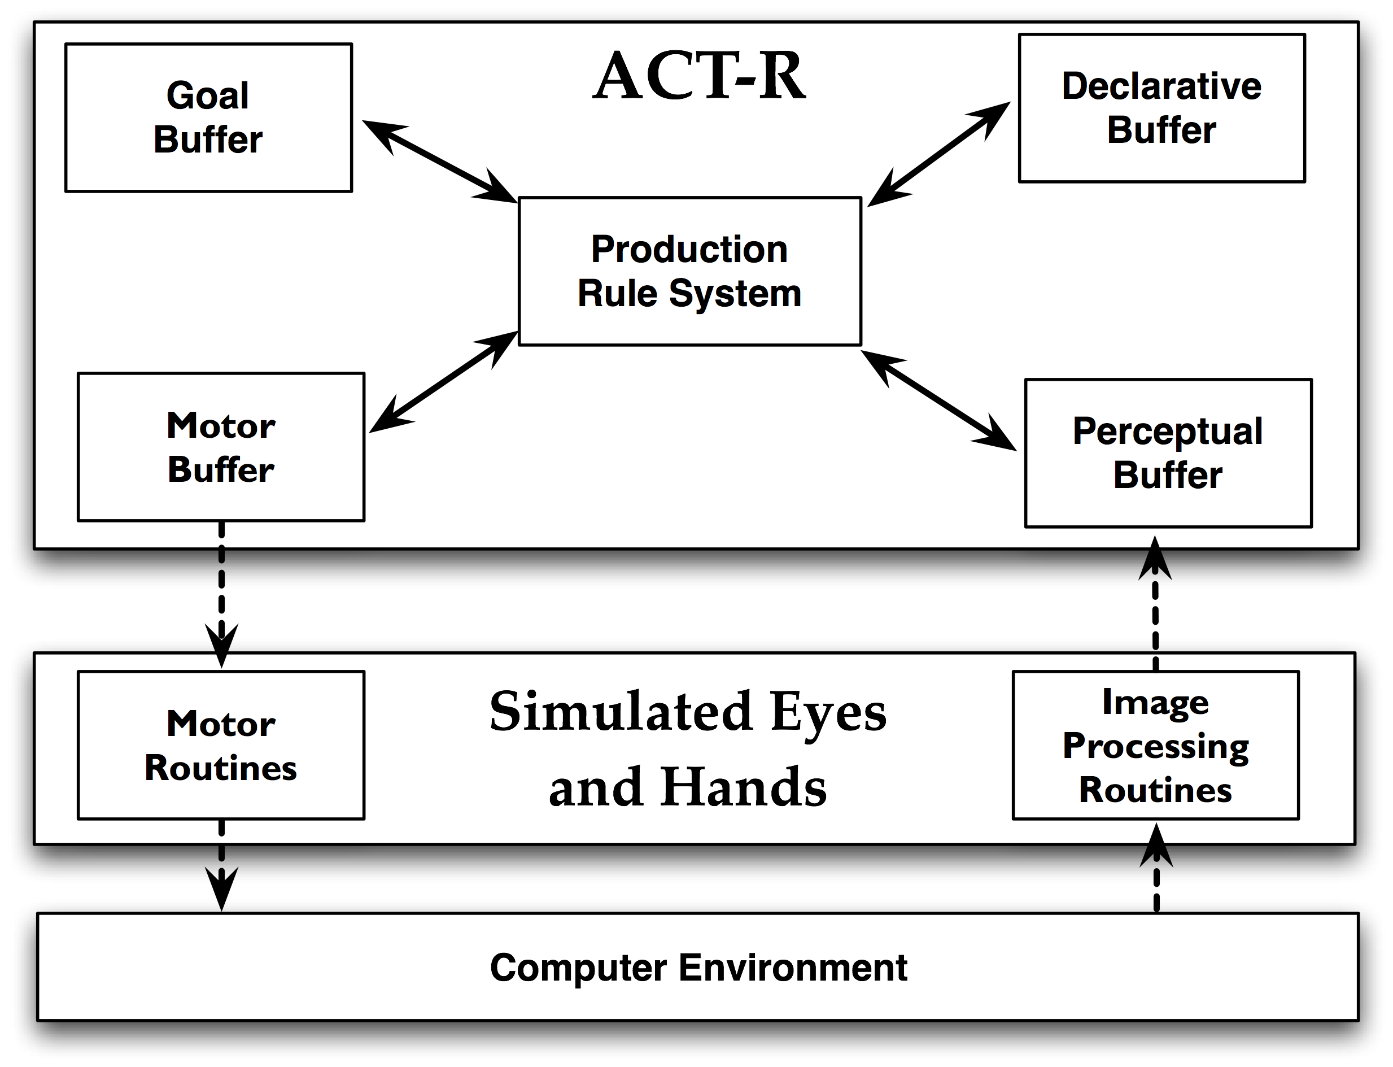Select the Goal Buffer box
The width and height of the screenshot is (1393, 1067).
209,117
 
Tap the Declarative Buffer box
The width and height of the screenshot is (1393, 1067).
1162,108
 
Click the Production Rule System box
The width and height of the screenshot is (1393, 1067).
690,271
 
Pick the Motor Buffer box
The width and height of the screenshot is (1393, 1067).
221,447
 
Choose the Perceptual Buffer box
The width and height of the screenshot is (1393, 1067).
1168,454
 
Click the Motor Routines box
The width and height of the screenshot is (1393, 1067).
221,746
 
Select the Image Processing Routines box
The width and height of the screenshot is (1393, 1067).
1155,746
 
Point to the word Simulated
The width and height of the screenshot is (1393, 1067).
622,712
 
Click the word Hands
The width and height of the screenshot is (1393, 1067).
744,787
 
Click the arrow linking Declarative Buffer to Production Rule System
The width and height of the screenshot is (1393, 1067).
939,154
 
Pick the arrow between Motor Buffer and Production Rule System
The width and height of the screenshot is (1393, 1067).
444,382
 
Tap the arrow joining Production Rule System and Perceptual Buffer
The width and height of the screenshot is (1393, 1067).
938,400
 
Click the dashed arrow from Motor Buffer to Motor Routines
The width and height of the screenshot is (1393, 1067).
221,594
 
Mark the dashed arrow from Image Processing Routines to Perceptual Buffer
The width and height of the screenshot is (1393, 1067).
1155,603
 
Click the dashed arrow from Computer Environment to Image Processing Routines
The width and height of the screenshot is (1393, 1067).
1156,868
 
